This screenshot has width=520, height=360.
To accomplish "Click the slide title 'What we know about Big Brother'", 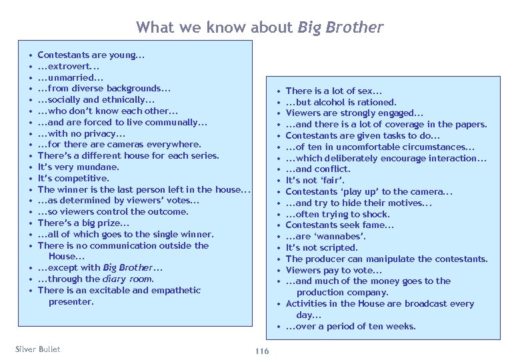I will [x=259, y=27].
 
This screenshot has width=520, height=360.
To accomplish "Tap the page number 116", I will [x=261, y=351].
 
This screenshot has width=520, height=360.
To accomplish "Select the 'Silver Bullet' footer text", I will [x=37, y=349].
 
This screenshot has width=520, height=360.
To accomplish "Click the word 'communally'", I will [x=171, y=122].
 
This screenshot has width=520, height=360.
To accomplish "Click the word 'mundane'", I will [x=98, y=167].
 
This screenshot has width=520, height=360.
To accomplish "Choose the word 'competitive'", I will [x=81, y=178].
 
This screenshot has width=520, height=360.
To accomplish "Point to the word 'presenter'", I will [x=71, y=301].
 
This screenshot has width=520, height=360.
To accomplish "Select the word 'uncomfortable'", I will [x=365, y=147].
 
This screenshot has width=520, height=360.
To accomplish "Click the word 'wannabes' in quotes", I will [x=346, y=237].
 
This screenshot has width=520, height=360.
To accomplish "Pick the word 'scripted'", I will [x=337, y=248].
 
